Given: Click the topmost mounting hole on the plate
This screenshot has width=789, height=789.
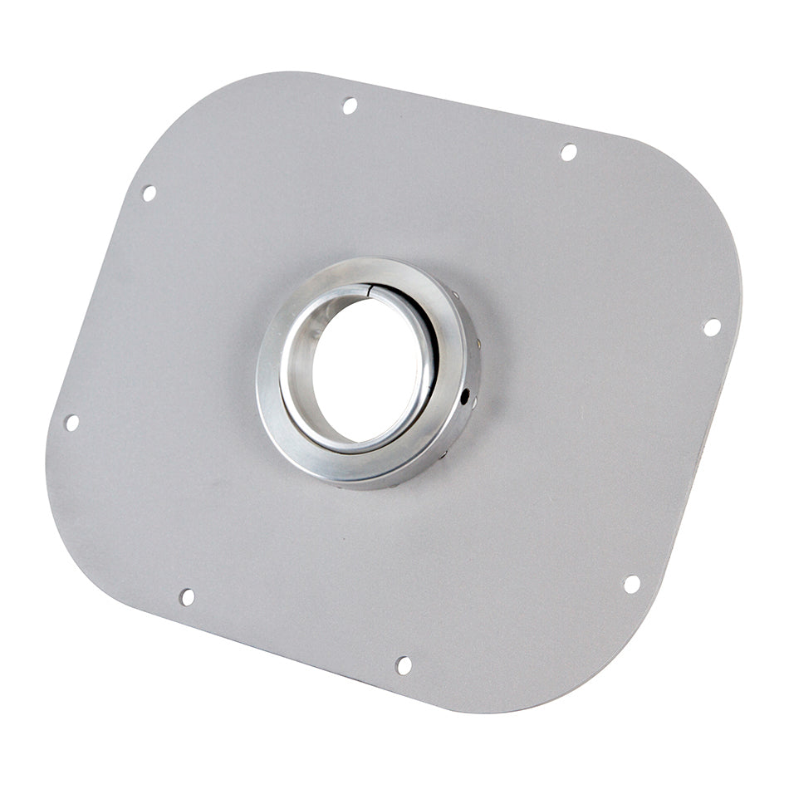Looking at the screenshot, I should click(x=350, y=105).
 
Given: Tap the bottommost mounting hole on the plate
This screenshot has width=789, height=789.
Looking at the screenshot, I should click(x=404, y=665).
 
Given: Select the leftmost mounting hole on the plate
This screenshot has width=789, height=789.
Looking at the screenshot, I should click(x=71, y=423).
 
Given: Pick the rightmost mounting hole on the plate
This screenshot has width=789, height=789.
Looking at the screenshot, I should click(x=712, y=327).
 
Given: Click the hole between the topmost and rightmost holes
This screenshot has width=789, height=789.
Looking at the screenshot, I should click(x=569, y=152).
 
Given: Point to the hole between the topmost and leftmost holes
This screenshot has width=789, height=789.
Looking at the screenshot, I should click(x=149, y=193).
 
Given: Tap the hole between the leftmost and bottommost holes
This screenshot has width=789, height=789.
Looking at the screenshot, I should click(x=187, y=597).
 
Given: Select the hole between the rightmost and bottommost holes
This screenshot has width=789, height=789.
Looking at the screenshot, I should click(x=632, y=584).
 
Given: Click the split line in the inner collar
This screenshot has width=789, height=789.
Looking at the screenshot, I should click(x=369, y=288).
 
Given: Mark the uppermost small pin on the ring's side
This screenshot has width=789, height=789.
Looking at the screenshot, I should click(x=454, y=295).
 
